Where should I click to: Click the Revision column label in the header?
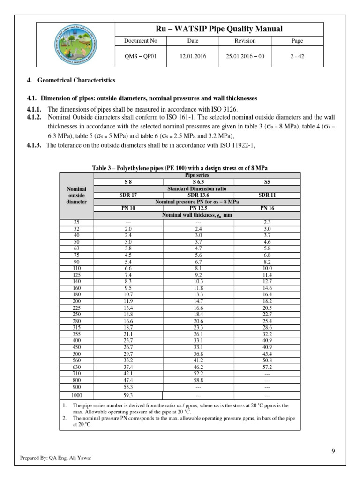245,41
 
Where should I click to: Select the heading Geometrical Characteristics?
77,81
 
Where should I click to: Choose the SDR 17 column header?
128,195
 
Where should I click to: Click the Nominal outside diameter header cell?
77,195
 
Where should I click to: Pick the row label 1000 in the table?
77,395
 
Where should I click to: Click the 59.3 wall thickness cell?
128,395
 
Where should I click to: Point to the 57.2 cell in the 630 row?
267,367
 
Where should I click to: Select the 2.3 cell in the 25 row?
267,222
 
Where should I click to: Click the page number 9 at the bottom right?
333,451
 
